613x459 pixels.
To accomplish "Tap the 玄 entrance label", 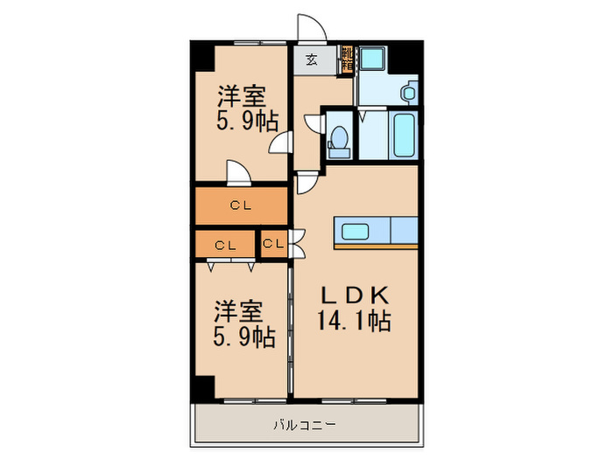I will click(311, 60).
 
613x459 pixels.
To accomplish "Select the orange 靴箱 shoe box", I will click(347, 59).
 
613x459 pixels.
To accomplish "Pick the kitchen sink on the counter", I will click(355, 231).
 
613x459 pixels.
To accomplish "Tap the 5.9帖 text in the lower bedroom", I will click(241, 336).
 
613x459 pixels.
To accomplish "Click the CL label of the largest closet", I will click(241, 206).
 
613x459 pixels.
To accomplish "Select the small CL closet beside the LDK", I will click(273, 244).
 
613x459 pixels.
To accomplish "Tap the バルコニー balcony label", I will click(304, 426).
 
